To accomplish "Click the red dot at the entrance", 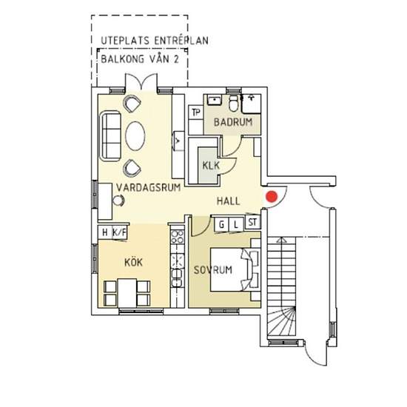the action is pos(272,196).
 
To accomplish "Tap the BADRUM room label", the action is pos(233,122).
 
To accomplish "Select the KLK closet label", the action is pos(211,165).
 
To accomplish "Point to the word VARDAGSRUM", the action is pos(148,187).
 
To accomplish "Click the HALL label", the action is pos(228,201).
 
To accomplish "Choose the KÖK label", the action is pos(133,262).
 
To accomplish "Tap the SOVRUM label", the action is pos(213,270).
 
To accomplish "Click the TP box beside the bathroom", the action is pos(196,112).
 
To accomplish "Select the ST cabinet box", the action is pos(252,222).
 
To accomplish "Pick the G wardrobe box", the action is pos(222,224).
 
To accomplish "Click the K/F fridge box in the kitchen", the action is pos(119,232).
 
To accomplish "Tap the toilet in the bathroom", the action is pos(234,104).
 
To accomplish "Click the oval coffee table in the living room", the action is pos(135,136).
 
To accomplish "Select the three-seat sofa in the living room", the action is pos(110,136).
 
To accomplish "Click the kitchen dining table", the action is pos(127,293).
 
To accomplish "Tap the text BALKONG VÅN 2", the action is pos(140,59).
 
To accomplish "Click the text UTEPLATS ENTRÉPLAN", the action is pos(155,41).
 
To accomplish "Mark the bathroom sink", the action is pos(214,100).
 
